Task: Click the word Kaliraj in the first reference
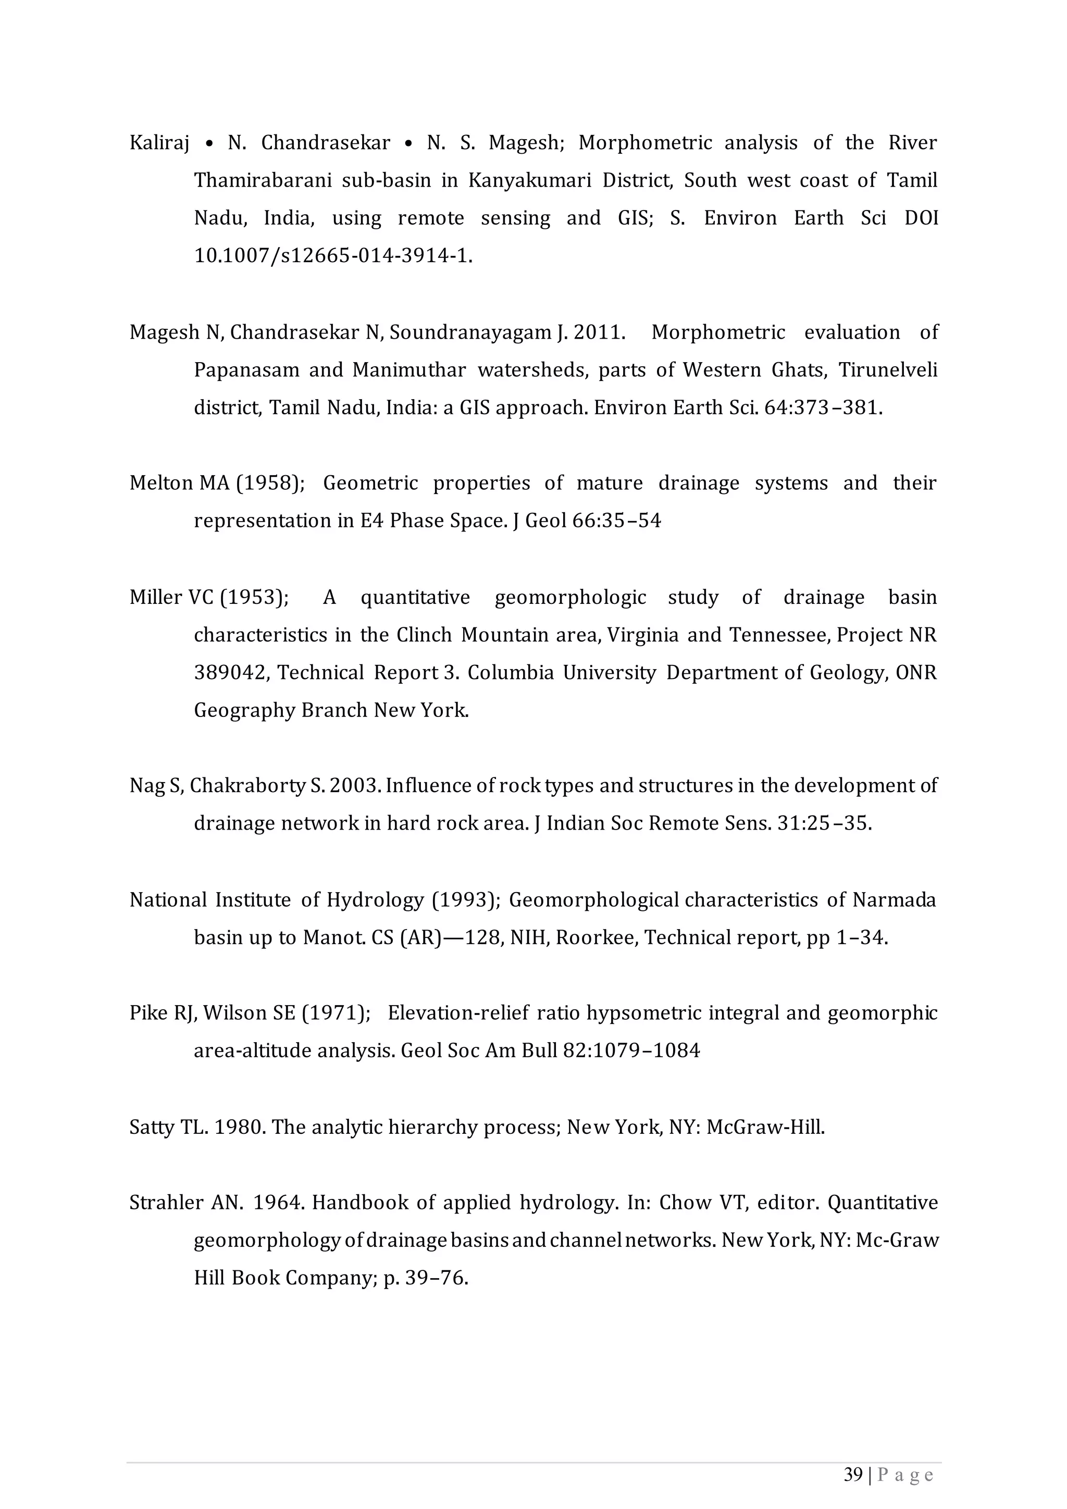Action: pyautogui.click(x=159, y=143)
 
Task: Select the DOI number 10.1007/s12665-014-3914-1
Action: pyautogui.click(x=332, y=256)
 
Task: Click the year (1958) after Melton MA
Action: pyautogui.click(x=270, y=483)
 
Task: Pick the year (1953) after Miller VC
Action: pyautogui.click(x=254, y=598)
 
